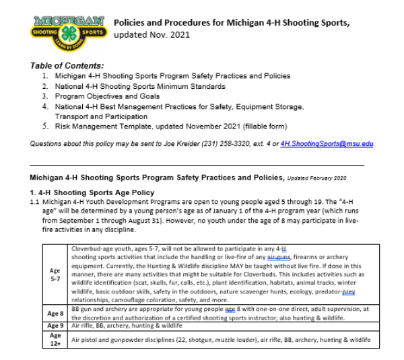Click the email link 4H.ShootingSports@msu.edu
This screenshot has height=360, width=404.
327,143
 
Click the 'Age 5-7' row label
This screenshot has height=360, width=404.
56,276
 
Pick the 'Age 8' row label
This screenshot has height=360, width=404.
56,313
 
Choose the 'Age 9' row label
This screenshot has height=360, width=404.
56,325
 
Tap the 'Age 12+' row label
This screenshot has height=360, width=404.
56,338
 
